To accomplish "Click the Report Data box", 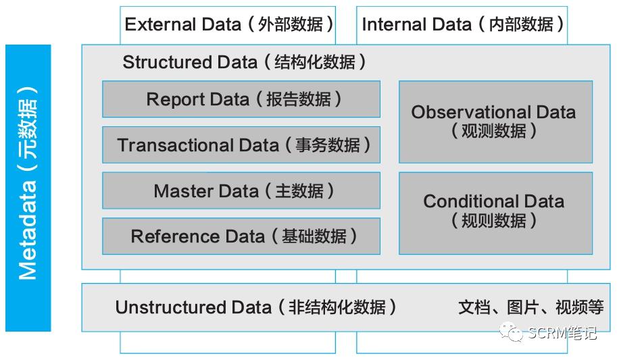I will pos(241,99).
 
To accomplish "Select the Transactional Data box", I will pos(241,145).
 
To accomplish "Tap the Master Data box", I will pos(241,190).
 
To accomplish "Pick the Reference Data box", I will pos(241,236).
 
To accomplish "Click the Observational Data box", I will pos(495,122).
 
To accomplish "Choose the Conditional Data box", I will pos(495,213).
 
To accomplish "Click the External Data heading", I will pos(228,24).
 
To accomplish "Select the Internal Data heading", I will pos(462,24).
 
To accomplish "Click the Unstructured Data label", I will pos(255,307).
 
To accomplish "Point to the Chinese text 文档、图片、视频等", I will pos(530,307).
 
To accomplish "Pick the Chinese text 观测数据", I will pos(495,130).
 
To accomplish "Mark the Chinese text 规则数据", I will pos(495,220).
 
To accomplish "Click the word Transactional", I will pos(197,145).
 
